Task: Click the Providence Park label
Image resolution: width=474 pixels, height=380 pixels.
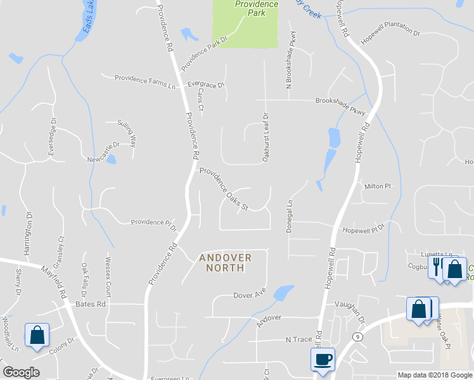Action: [x=257, y=8]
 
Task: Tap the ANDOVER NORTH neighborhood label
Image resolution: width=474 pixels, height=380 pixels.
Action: [x=226, y=263]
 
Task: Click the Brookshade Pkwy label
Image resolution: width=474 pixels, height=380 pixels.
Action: [x=341, y=104]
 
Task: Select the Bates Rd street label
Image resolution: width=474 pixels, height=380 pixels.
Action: [x=91, y=304]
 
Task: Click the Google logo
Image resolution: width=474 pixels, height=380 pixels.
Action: [x=22, y=372]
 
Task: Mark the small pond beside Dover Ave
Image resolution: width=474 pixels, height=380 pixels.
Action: [x=283, y=293]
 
